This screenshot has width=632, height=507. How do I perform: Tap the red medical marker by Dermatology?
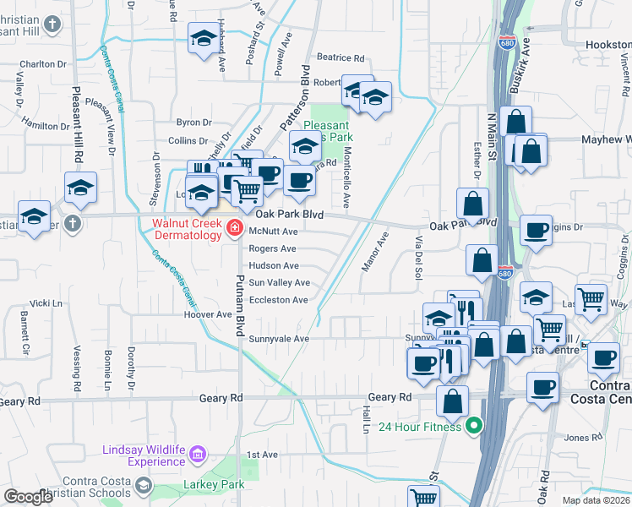pyautogui.click(x=235, y=229)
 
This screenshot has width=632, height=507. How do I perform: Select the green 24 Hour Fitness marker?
pyautogui.click(x=474, y=427)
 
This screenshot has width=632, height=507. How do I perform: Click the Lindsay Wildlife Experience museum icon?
pyautogui.click(x=198, y=456)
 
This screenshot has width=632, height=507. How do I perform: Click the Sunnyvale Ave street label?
pyautogui.click(x=279, y=339)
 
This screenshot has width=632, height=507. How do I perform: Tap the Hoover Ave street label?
pyautogui.click(x=208, y=314)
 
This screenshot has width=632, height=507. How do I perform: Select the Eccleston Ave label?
pyautogui.click(x=278, y=300)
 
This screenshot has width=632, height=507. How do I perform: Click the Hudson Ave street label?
pyautogui.click(x=273, y=265)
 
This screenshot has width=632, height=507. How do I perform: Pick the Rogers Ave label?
pyautogui.click(x=272, y=248)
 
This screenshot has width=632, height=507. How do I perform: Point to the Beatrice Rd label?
pyautogui.click(x=341, y=58)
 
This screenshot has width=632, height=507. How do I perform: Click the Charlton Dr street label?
pyautogui.click(x=43, y=64)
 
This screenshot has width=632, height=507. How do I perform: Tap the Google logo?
pyautogui.click(x=28, y=497)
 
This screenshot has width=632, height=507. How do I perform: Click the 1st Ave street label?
pyautogui.click(x=262, y=455)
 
